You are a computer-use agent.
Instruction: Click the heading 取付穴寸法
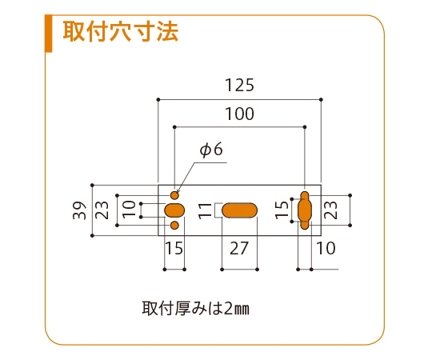(121, 31)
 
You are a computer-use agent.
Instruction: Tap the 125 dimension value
(239, 85)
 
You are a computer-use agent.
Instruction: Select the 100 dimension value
(239, 114)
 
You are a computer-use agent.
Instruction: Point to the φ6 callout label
(211, 150)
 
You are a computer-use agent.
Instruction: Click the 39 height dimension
(80, 210)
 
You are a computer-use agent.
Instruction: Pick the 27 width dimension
(239, 248)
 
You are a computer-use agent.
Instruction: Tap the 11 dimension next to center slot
(205, 210)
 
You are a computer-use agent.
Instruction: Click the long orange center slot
(239, 210)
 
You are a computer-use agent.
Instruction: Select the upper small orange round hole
(174, 195)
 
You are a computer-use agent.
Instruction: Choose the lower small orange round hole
(174, 226)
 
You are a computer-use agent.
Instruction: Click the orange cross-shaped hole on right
(305, 210)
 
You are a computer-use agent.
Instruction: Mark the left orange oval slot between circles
(174, 210)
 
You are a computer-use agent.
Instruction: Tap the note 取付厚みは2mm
(196, 308)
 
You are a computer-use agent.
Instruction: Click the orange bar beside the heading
(49, 34)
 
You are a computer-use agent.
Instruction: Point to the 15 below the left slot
(174, 248)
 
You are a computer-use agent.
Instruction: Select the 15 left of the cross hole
(282, 210)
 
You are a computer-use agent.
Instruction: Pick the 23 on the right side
(330, 210)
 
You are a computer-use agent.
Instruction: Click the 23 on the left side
(102, 210)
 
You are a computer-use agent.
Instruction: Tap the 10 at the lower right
(326, 248)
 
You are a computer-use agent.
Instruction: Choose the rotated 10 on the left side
(129, 210)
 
